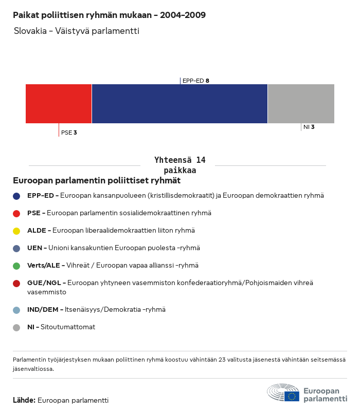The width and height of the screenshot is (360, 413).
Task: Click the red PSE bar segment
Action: pyautogui.click(x=59, y=104)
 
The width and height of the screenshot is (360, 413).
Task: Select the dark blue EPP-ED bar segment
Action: pyautogui.click(x=179, y=104)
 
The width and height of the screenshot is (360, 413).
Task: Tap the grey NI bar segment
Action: pyautogui.click(x=301, y=104)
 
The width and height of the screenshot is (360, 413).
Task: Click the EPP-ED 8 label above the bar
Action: pyautogui.click(x=195, y=81)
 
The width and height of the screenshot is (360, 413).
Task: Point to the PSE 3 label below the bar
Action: pyautogui.click(x=69, y=133)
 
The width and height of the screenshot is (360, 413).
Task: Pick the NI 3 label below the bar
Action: pyautogui.click(x=309, y=127)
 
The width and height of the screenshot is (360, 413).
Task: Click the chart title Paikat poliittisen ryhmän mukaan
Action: pyautogui.click(x=109, y=15)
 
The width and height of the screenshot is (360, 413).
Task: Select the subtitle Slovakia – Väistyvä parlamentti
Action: pyautogui.click(x=77, y=31)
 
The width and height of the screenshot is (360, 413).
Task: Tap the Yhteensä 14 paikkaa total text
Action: pyautogui.click(x=179, y=165)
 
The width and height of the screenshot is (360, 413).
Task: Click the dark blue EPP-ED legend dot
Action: pyautogui.click(x=16, y=196)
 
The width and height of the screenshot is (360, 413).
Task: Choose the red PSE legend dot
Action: pyautogui.click(x=16, y=213)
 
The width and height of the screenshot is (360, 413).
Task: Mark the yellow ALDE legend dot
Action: pyautogui.click(x=16, y=231)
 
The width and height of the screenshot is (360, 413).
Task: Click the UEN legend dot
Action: pyautogui.click(x=16, y=248)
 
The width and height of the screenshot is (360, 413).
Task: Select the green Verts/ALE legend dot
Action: pyautogui.click(x=16, y=266)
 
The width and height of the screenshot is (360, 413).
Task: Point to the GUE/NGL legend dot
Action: pyautogui.click(x=16, y=283)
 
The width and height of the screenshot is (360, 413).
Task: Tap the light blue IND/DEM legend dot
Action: pyautogui.click(x=16, y=310)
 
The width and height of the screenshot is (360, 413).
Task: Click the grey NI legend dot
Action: pyautogui.click(x=16, y=327)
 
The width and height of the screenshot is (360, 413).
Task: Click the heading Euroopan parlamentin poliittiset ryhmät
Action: pyautogui.click(x=97, y=181)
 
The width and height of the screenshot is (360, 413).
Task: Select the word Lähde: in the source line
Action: pyautogui.click(x=24, y=400)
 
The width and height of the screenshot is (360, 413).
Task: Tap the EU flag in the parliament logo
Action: pyautogui.click(x=292, y=396)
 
